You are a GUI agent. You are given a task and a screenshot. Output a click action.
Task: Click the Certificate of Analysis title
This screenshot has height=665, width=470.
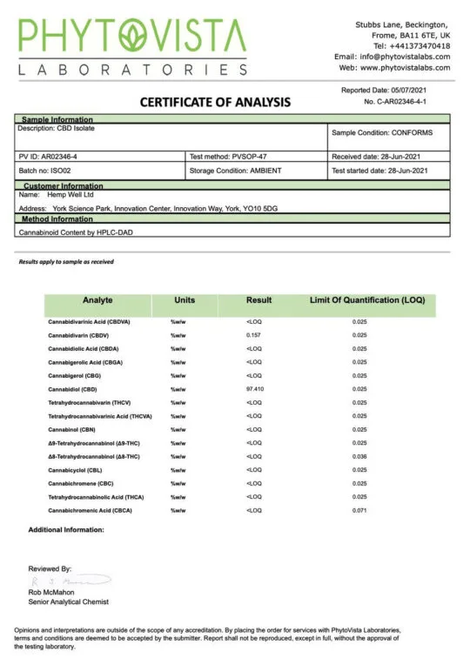(x=215, y=102)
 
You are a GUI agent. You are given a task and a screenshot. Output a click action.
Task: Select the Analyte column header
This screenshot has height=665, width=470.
(x=97, y=299)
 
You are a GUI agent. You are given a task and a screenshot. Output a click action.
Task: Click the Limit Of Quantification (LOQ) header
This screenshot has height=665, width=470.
(x=366, y=299)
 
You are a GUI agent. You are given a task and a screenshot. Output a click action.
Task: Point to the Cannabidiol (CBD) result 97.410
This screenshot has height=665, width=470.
(x=254, y=389)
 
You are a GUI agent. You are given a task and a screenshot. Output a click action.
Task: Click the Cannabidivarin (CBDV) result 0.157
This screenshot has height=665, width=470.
(x=253, y=335)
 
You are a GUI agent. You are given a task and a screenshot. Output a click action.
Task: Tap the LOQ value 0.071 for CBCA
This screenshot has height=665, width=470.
(x=359, y=510)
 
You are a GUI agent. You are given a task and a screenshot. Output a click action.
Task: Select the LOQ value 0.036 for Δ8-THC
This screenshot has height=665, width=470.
(x=359, y=456)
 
